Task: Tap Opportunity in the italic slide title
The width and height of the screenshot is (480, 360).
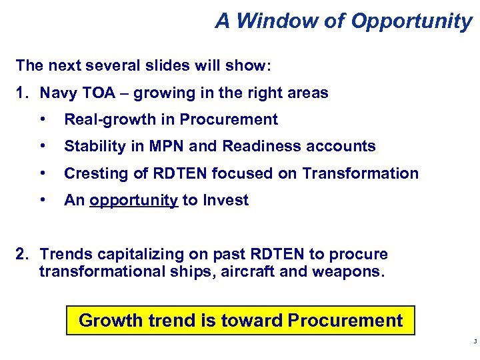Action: tap(411, 21)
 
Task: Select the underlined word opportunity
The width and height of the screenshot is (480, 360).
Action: tap(133, 200)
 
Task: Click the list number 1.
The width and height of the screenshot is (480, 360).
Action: tap(21, 93)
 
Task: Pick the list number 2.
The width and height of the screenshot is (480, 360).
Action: tap(21, 254)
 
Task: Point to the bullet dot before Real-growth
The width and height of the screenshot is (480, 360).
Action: tap(44, 119)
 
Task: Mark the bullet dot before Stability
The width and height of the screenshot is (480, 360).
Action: tap(44, 146)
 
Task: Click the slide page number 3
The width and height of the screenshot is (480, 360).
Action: tap(473, 341)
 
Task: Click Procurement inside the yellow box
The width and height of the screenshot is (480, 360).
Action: tap(345, 320)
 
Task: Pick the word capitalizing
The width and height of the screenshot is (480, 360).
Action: tap(131, 254)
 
